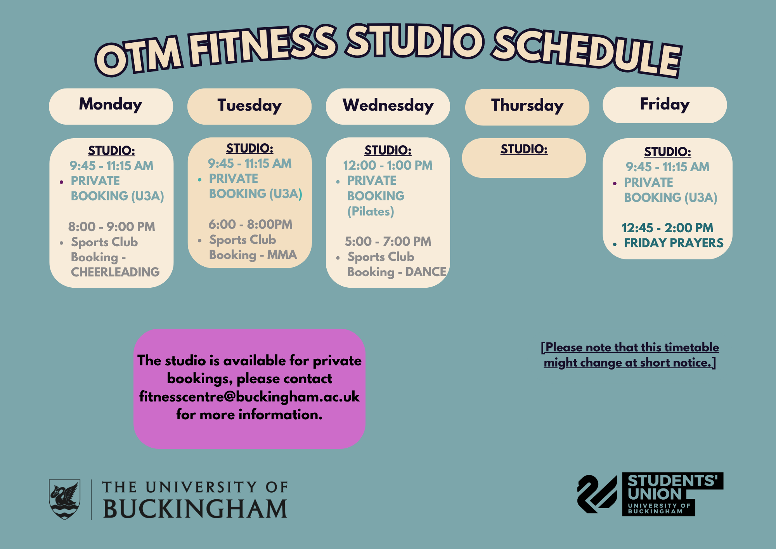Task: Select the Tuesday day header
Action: click(x=249, y=106)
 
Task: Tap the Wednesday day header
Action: click(x=388, y=106)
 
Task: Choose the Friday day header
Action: click(x=665, y=105)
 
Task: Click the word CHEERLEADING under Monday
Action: click(x=115, y=272)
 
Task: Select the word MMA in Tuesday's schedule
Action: click(x=282, y=255)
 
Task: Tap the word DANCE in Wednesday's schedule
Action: click(x=426, y=271)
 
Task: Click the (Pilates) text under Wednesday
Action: click(x=371, y=212)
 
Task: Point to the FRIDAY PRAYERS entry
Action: click(x=674, y=243)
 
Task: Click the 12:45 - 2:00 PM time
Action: click(x=667, y=228)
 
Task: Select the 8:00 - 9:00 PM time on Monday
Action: click(x=112, y=226)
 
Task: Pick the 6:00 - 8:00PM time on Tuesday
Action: click(x=250, y=224)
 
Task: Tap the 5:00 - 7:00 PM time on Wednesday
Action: click(x=388, y=241)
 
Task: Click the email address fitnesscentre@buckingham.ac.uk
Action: click(x=249, y=397)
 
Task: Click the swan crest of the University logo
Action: click(x=64, y=499)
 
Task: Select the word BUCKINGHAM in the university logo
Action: click(x=195, y=509)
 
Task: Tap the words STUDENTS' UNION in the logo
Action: click(x=673, y=487)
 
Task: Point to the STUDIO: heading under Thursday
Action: click(x=524, y=149)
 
